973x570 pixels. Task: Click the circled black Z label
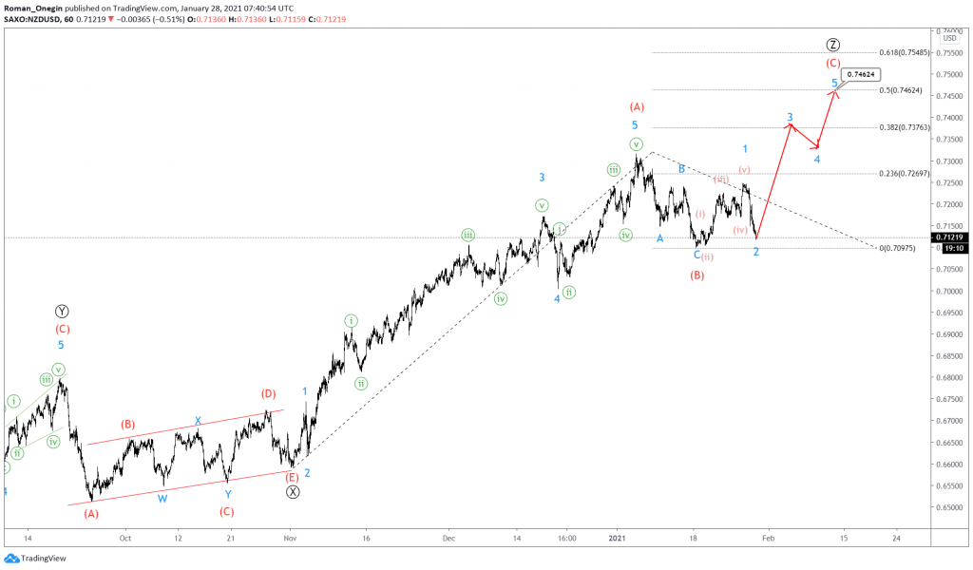(832, 45)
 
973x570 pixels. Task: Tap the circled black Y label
(62, 311)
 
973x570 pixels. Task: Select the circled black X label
(293, 491)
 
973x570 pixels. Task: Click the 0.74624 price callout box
(862, 73)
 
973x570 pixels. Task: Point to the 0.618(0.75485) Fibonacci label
(903, 52)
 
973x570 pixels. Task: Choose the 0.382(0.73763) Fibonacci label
(903, 127)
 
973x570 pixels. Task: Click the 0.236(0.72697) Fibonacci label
(903, 174)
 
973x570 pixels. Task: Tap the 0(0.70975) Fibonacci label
(898, 248)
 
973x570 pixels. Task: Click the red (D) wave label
(269, 393)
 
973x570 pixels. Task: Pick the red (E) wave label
(293, 477)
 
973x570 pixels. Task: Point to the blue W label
(162, 498)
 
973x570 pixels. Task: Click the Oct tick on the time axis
(124, 537)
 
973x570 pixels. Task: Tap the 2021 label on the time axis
(619, 537)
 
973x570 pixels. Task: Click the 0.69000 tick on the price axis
(951, 334)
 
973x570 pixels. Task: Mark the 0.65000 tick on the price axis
(951, 507)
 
